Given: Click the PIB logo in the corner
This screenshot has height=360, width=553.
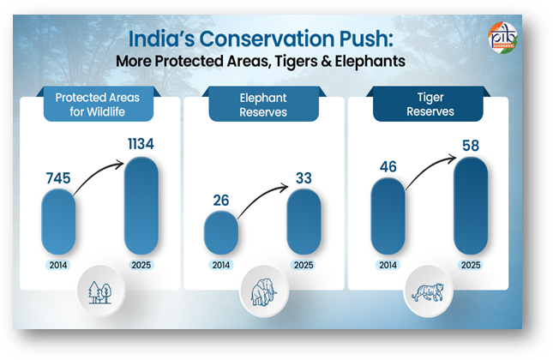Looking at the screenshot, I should tap(503, 38).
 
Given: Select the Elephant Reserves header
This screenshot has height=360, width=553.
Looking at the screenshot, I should tap(263, 105).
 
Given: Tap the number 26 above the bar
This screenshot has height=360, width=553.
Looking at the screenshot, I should tap(220, 201).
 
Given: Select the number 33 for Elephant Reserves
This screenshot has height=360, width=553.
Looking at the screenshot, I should tap(304, 178).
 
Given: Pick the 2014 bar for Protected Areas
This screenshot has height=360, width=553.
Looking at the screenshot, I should tap(59, 220).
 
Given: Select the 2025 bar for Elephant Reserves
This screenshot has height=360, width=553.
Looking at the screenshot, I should tap(304, 221).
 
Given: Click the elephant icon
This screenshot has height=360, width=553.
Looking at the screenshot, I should tap(262, 293).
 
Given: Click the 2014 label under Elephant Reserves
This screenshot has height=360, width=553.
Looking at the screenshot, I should tap(220, 265).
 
